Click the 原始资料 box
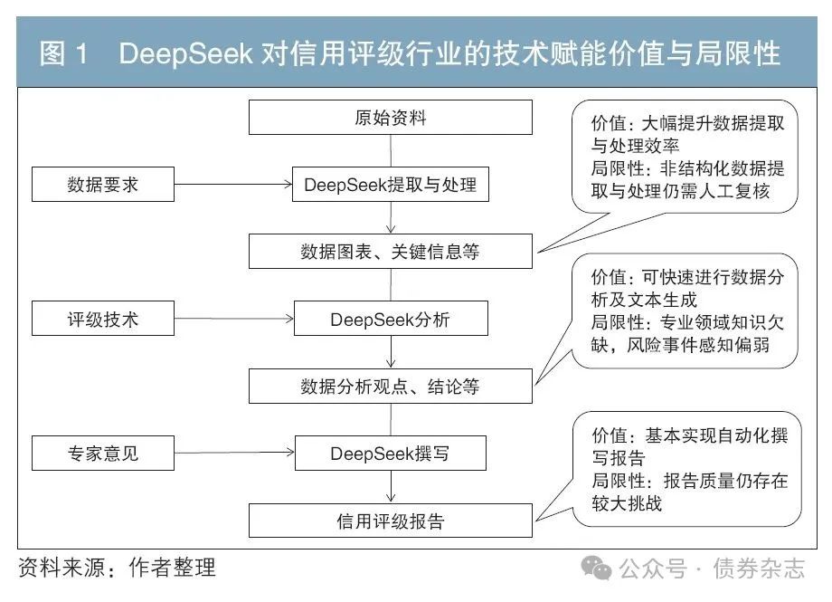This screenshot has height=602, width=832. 391,118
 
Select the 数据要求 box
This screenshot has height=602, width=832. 103,185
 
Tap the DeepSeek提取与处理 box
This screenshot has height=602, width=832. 391,185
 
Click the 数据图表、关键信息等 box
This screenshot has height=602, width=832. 391,252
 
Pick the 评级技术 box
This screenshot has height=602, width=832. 103,319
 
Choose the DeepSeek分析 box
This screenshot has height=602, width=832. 391,319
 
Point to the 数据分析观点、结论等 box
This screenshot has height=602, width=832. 391,387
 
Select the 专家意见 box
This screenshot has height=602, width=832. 103,454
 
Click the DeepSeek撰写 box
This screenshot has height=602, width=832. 391,454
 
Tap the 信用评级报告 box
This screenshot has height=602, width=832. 391,521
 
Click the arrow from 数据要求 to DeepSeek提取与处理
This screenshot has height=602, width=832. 234,185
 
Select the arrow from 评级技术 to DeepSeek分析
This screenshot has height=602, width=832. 234,319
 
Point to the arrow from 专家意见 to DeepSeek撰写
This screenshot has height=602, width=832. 234,454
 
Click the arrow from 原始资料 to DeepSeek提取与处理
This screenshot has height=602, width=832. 391,151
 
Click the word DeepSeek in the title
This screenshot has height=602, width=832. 185,53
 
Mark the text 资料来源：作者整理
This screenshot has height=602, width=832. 118,569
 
